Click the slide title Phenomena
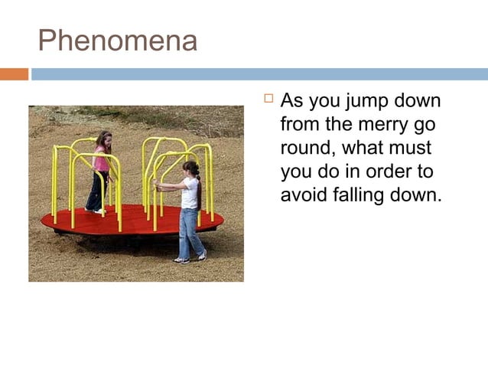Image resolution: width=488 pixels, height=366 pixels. (117, 41)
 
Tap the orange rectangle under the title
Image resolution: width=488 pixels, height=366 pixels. (14, 74)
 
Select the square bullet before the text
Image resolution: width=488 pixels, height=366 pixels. (268, 100)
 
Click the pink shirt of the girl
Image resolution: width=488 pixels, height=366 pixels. (101, 162)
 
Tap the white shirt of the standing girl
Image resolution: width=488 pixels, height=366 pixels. (190, 192)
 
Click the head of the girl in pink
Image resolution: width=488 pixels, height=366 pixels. (103, 139)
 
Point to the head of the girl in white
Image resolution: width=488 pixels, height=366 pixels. (191, 168)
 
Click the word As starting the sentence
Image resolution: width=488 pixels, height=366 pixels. (292, 101)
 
